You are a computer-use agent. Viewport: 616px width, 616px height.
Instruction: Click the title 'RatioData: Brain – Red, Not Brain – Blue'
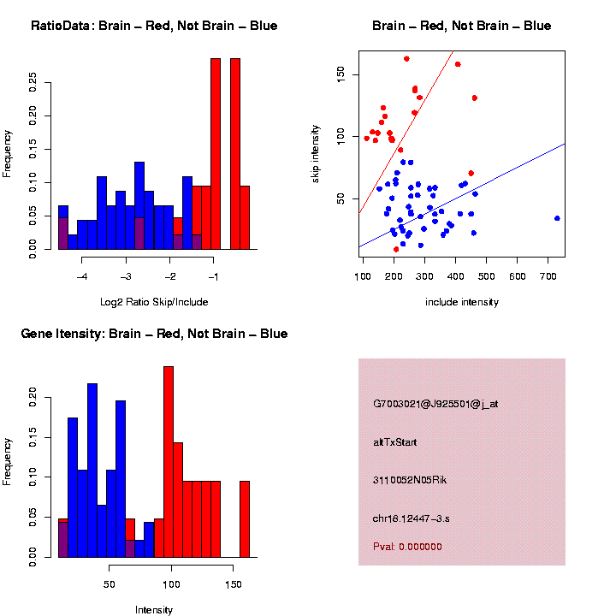coord(154,26)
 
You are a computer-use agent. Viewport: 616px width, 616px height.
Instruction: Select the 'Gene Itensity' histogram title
coord(154,334)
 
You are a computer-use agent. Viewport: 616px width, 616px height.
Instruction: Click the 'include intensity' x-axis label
coord(462,302)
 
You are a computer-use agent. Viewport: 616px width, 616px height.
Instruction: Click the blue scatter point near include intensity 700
coord(557,218)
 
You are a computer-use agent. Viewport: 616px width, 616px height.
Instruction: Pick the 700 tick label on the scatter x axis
coord(548,275)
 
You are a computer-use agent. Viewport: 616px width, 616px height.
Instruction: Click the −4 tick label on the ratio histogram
coord(82,275)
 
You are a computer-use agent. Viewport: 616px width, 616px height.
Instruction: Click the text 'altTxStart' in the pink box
coord(396,442)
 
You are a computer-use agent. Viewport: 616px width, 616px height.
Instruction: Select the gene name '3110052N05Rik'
coord(410,480)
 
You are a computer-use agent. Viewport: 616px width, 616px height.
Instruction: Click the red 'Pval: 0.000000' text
coord(407,547)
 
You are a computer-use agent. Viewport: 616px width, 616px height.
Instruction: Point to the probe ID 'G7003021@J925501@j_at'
coord(435,404)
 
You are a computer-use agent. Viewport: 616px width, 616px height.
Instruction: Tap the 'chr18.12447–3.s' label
coord(418,518)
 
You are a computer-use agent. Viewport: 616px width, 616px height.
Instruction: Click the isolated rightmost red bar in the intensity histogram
coord(245,518)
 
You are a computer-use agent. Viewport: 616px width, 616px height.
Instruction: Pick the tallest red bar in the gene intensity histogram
coord(169,462)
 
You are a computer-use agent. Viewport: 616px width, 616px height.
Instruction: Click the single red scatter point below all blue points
coord(396,249)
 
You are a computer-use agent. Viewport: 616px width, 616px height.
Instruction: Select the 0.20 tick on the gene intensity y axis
coord(33,396)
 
